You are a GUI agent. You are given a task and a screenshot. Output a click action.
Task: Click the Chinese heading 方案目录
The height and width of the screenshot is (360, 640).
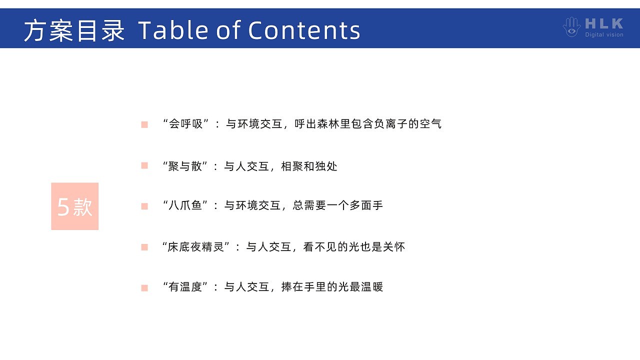[x=74, y=30]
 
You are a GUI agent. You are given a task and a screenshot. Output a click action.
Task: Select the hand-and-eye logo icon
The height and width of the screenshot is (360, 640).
[x=571, y=27]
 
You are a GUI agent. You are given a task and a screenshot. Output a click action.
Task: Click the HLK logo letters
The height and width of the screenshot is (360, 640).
[x=604, y=23]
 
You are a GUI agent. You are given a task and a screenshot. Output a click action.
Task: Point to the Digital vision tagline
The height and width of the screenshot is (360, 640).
[x=604, y=34]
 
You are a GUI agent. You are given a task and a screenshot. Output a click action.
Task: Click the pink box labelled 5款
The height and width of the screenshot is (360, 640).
[x=75, y=206]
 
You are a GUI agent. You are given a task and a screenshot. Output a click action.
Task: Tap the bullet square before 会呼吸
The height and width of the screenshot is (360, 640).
[x=144, y=124]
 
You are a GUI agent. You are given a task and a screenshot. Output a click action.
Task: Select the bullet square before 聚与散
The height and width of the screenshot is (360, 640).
[x=144, y=165]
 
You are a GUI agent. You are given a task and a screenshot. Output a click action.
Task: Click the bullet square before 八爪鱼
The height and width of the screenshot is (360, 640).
[x=144, y=206]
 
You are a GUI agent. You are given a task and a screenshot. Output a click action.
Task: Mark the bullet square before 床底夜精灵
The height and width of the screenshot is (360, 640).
[x=144, y=247]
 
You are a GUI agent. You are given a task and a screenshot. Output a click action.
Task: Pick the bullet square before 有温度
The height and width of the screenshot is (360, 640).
[x=144, y=287]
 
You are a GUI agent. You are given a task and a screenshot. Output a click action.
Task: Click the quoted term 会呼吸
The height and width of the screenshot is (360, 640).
[x=185, y=124]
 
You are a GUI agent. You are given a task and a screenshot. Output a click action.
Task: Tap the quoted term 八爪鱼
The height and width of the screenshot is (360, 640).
[x=185, y=205]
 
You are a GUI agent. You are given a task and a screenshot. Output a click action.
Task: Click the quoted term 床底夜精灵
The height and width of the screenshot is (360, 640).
[x=195, y=247]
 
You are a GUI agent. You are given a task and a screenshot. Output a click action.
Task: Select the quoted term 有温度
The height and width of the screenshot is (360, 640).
[x=185, y=287]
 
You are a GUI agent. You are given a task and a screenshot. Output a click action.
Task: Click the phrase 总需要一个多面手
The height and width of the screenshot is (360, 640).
[x=337, y=205]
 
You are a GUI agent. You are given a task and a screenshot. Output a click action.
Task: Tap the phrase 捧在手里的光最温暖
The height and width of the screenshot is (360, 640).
[x=332, y=287]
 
